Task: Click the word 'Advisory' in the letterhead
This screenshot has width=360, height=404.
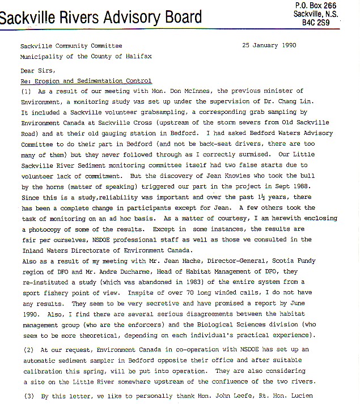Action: [x=120, y=18]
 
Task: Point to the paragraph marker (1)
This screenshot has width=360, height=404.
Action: [x=26, y=91]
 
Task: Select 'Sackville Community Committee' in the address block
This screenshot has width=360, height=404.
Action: [x=71, y=46]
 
